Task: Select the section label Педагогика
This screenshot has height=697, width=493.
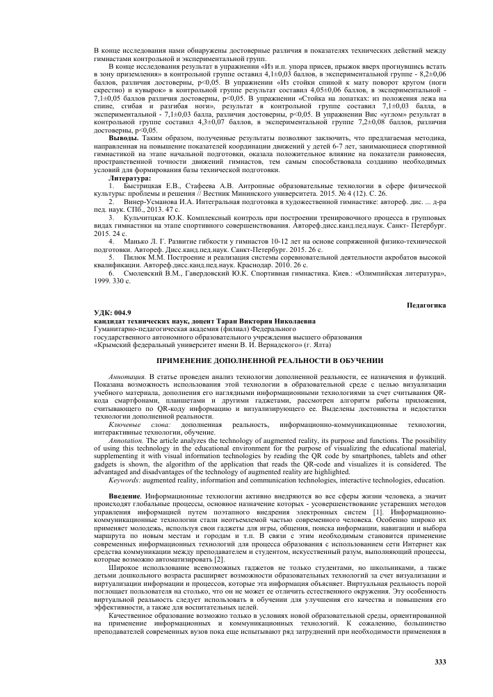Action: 426,305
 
